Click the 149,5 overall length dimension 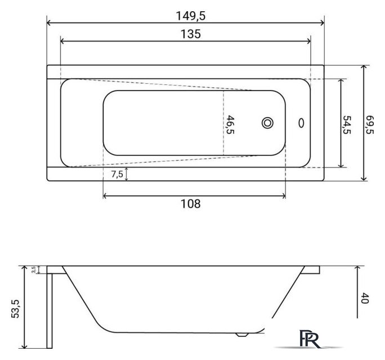191,16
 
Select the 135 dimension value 191,34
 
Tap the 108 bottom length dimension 191,204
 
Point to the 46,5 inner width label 230,125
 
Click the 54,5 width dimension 347,125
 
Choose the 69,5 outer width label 370,124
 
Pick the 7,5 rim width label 117,174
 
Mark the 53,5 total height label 15,309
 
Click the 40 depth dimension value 365,298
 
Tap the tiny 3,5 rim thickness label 34,269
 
